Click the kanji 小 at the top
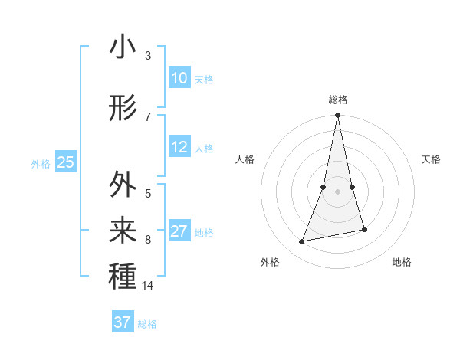click(123, 47)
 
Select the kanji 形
click(123, 109)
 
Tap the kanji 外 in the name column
click(123, 185)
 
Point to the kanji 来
click(123, 229)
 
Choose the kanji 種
click(123, 275)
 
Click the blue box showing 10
click(179, 78)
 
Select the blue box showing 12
click(179, 147)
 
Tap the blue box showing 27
click(179, 231)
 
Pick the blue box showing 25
click(66, 162)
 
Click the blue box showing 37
click(123, 322)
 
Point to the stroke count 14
click(148, 286)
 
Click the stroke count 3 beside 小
click(148, 56)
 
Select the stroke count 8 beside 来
click(148, 240)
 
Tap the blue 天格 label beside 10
click(204, 80)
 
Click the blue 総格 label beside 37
click(147, 324)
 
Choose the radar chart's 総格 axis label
click(337, 100)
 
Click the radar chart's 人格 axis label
click(245, 159)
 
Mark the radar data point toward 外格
click(302, 242)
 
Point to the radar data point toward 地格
click(364, 230)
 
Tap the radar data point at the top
click(337, 115)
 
